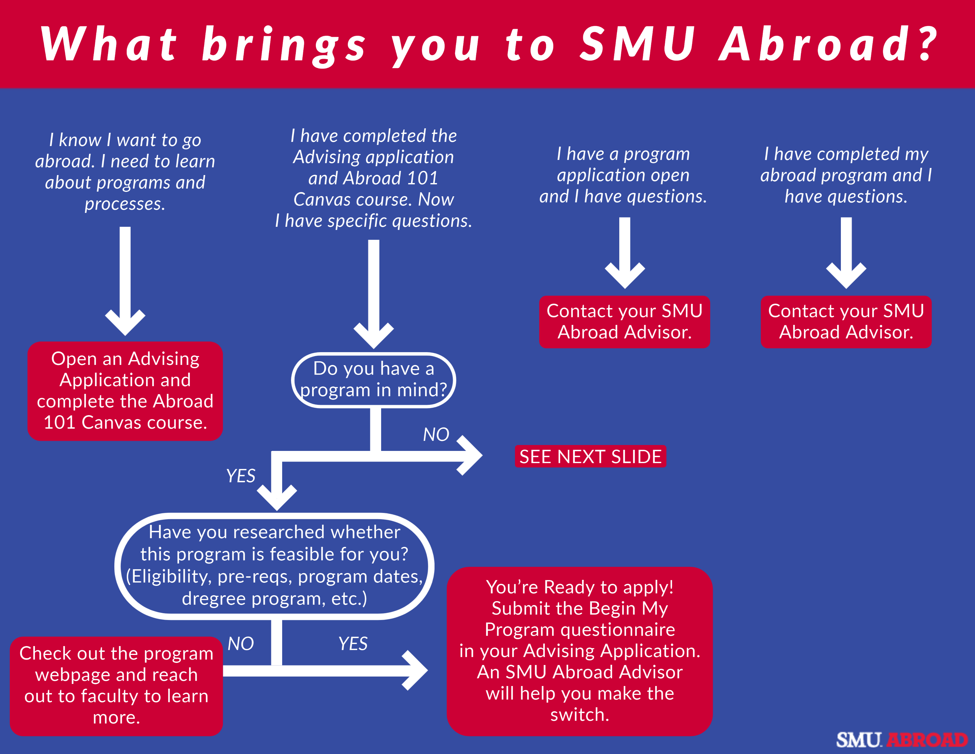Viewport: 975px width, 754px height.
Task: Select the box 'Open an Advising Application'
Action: pyautogui.click(x=125, y=391)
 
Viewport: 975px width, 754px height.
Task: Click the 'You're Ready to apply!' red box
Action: pyautogui.click(x=579, y=651)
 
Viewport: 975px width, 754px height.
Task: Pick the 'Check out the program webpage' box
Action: pyautogui.click(x=116, y=686)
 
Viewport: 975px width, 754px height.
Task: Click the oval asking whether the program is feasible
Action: pyautogui.click(x=274, y=565)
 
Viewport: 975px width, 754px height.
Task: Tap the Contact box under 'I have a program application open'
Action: pyautogui.click(x=624, y=322)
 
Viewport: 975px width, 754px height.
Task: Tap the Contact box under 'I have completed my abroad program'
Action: pyautogui.click(x=846, y=322)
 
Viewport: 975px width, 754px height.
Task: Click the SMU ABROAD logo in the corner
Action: pyautogui.click(x=902, y=740)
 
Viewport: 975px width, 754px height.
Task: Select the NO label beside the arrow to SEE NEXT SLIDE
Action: pyautogui.click(x=436, y=434)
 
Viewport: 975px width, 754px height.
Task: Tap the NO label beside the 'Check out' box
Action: pyautogui.click(x=240, y=644)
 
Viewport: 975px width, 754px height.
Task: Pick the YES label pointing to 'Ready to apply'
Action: pyautogui.click(x=353, y=644)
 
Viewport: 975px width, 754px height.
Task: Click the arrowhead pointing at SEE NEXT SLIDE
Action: pyautogui.click(x=471, y=456)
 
